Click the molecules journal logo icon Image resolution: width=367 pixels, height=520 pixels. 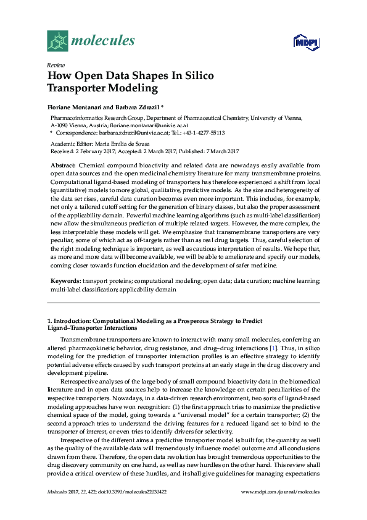click(x=57, y=41)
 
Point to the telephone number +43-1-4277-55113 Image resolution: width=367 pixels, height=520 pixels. click(x=203, y=132)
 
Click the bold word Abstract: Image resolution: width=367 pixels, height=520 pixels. click(x=62, y=166)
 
